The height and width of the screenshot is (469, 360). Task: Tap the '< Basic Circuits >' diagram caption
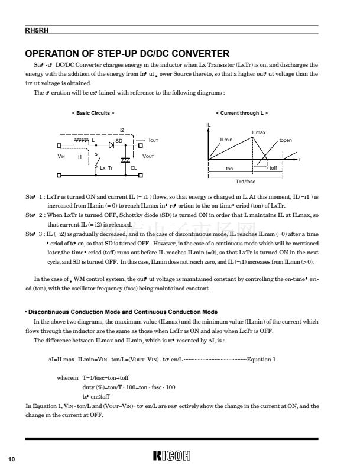point(93,112)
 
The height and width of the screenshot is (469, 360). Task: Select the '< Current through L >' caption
point(242,112)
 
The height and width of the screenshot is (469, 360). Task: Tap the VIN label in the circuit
point(61,156)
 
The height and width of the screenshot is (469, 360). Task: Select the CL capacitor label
point(134,169)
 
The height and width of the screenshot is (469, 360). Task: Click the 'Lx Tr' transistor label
point(106,169)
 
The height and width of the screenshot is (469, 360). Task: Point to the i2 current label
point(122,129)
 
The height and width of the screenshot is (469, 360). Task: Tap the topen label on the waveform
point(286,140)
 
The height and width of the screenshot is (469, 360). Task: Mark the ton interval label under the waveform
point(229,169)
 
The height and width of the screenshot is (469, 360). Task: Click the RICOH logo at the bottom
point(179,455)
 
